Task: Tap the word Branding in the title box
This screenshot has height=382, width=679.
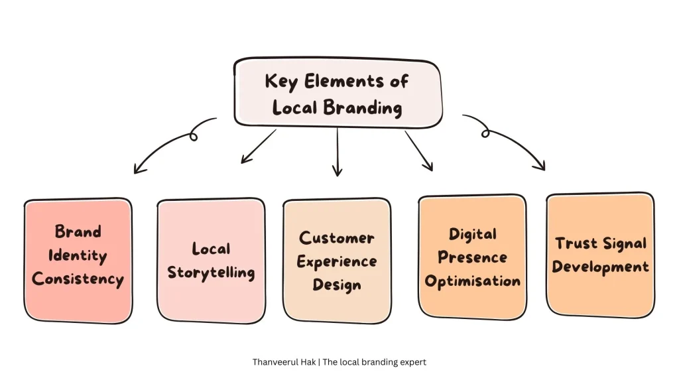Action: click(x=362, y=107)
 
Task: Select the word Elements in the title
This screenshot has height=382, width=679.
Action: click(x=338, y=82)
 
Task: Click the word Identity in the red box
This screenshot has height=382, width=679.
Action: click(x=78, y=255)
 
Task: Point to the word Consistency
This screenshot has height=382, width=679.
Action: click(x=78, y=279)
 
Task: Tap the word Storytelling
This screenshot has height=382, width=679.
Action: click(x=211, y=273)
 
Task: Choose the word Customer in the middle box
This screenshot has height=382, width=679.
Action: click(x=336, y=237)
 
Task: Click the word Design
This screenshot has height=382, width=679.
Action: click(x=338, y=285)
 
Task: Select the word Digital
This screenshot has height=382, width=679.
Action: click(x=472, y=234)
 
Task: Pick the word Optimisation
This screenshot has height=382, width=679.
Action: click(x=472, y=281)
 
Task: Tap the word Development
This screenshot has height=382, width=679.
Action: click(x=600, y=267)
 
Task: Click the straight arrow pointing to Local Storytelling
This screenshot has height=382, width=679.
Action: click(x=258, y=146)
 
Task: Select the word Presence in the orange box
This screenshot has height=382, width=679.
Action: click(x=472, y=257)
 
